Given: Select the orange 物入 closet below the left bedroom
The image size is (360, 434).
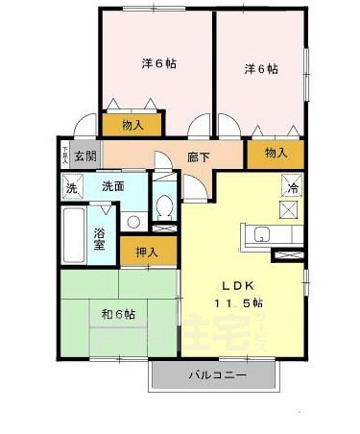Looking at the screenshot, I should coord(132,125).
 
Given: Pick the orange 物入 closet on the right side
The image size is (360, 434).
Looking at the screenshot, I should coord(276,153).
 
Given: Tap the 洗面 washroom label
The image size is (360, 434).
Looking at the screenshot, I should coord(113,186).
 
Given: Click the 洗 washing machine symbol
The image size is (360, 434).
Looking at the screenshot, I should coord(71,188).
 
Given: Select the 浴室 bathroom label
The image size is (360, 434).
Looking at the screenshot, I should coord(100,237).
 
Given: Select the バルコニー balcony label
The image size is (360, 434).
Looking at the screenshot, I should coord(216,375).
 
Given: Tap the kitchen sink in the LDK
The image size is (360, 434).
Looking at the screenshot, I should coord(261,233).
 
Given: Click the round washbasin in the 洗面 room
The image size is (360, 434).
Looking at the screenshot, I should coord(132,222).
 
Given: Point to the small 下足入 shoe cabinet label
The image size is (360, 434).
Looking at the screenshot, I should coord(65,154).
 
